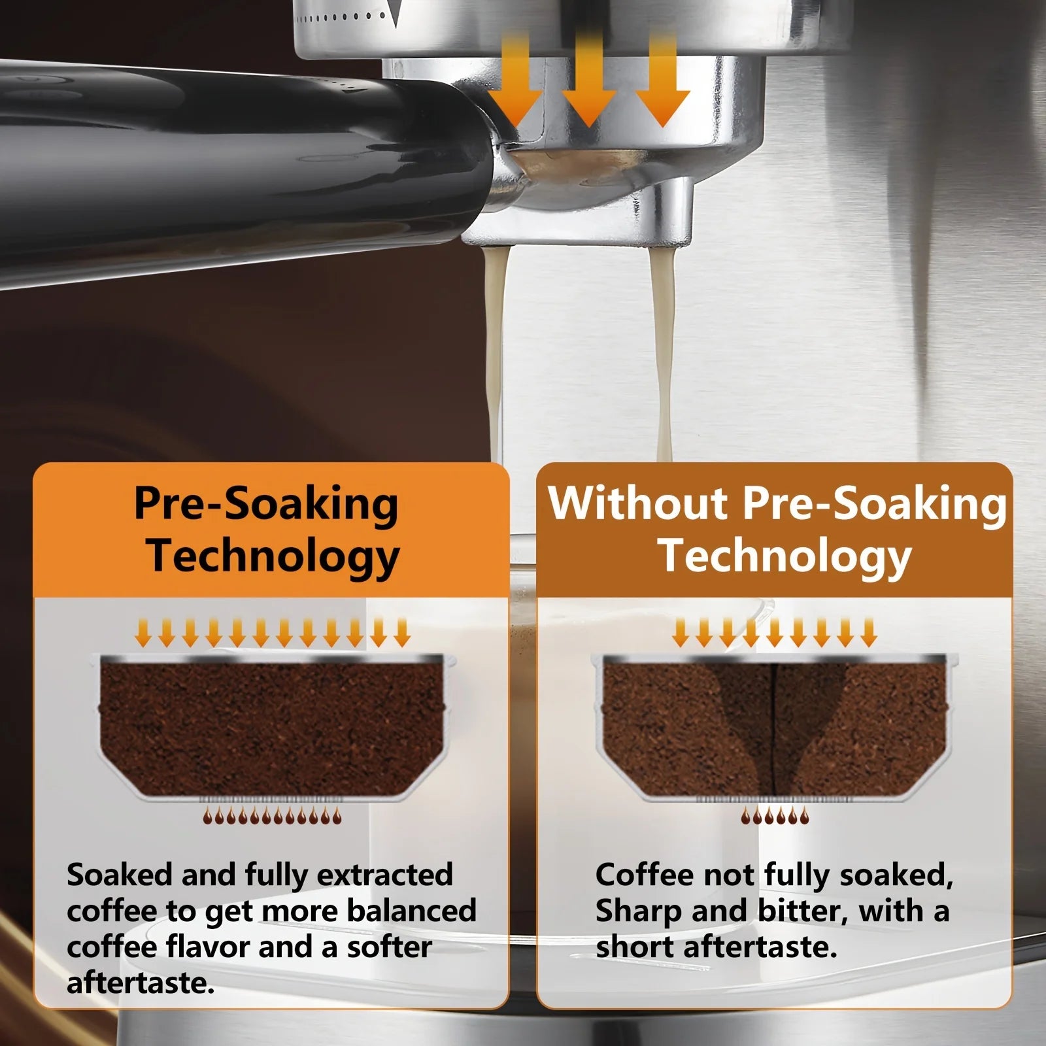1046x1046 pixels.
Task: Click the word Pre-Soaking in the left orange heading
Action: [x=266, y=505]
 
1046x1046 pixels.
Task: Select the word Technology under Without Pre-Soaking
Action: [x=785, y=556]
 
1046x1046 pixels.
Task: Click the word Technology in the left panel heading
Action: [x=273, y=556]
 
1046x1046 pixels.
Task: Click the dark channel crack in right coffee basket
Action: [x=773, y=726]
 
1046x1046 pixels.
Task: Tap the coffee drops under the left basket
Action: [x=271, y=815]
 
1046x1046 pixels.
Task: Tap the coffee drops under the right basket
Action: [x=774, y=815]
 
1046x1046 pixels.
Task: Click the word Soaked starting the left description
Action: [x=119, y=875]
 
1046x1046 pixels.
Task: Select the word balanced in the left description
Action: [x=411, y=911]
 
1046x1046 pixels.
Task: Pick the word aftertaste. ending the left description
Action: [x=141, y=983]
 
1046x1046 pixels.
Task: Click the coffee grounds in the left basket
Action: [x=271, y=726]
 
